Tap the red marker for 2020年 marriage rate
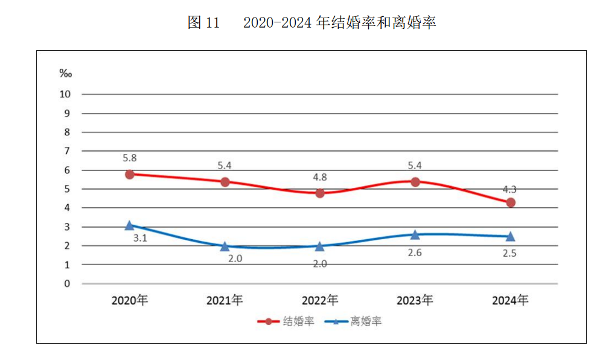pos(130,174)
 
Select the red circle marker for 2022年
pos(320,193)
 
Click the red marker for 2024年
pos(511,202)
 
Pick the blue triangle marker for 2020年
pos(130,225)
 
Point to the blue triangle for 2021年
pos(225,246)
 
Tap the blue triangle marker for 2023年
pos(415,234)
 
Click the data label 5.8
pos(130,158)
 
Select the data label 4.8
pos(320,178)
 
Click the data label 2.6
pos(415,252)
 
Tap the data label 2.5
pos(510,253)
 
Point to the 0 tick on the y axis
pos(68,283)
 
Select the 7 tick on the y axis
pos(68,151)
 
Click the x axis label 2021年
pos(225,300)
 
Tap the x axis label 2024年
pos(510,300)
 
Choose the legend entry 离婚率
pos(366,321)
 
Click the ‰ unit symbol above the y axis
pos(65,73)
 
